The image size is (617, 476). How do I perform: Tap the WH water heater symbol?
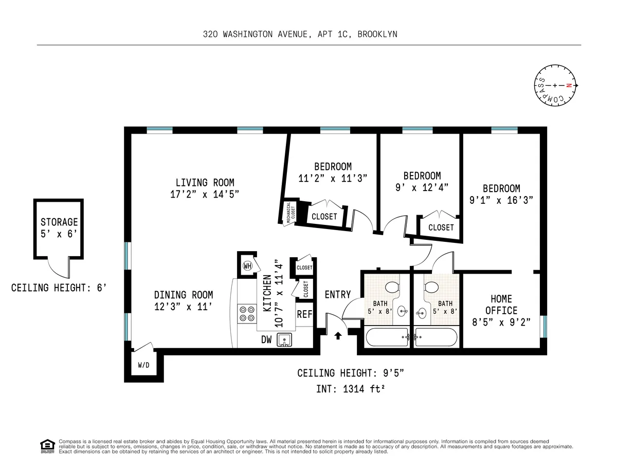(248, 265)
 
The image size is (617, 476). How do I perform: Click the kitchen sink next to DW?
(284, 339)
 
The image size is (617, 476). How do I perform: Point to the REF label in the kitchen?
(304, 314)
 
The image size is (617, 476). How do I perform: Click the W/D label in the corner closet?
(143, 366)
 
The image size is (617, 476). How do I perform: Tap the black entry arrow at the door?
(338, 336)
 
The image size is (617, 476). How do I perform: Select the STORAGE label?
(59, 222)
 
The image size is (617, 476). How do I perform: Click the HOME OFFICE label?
(501, 304)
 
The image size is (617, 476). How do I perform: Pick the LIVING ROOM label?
(205, 182)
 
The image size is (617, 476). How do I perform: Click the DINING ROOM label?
(183, 295)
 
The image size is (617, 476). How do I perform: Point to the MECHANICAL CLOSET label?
(291, 211)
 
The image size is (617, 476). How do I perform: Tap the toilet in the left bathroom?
(393, 288)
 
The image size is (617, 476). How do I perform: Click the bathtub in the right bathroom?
(436, 337)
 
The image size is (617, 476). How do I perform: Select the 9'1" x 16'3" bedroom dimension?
(501, 201)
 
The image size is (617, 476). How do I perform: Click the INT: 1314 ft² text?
(351, 389)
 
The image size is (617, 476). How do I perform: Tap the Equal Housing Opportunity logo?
(47, 446)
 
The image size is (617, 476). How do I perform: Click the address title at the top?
(300, 34)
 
